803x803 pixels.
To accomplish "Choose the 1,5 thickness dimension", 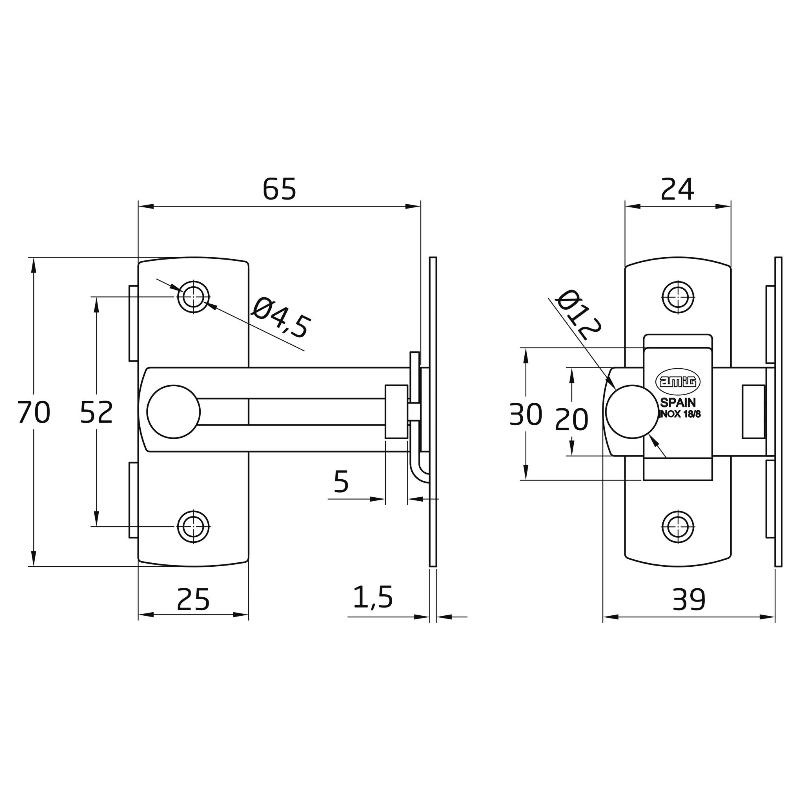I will pyautogui.click(x=373, y=597).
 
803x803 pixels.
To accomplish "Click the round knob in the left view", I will pyautogui.click(x=174, y=411).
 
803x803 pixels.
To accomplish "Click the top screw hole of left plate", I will pyautogui.click(x=193, y=297).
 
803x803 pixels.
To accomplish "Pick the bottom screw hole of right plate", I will pyautogui.click(x=678, y=526).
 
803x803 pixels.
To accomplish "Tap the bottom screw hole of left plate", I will pyautogui.click(x=193, y=526).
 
